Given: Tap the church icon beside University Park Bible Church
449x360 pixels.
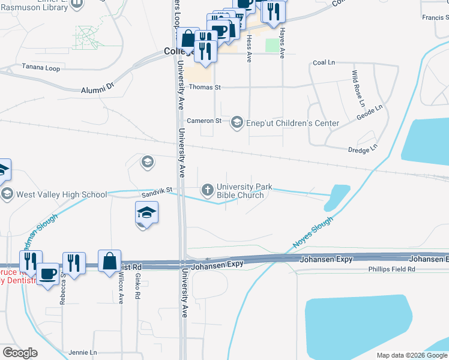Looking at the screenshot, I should (208, 190).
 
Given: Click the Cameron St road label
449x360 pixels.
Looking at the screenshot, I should (204, 121).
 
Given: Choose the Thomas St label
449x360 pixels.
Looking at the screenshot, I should (205, 87).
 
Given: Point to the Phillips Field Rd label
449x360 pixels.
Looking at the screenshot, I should (391, 269).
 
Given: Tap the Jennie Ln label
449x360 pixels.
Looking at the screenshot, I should (83, 352).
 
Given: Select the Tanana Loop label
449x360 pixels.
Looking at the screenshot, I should (41, 68).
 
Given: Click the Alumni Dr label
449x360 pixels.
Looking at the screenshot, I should (97, 89).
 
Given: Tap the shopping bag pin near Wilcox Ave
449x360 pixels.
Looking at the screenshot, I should (109, 262).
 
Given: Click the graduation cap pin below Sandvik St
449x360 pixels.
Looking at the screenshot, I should (146, 213).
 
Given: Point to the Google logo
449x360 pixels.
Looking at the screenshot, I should (20, 353).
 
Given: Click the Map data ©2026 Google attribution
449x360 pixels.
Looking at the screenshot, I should (411, 355).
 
